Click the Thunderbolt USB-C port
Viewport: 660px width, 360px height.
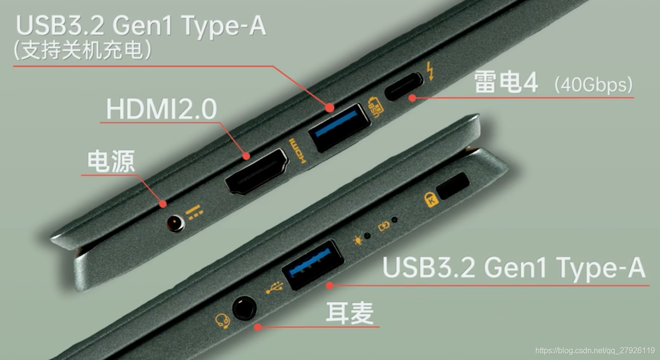[x=404, y=86]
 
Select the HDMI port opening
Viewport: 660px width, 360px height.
[x=256, y=171]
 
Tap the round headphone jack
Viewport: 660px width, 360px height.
[x=244, y=308]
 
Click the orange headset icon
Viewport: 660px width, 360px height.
[x=222, y=321]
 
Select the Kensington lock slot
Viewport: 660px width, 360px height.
[x=453, y=186]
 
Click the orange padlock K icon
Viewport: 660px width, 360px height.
[x=431, y=199]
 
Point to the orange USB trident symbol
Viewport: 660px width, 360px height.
[x=274, y=287]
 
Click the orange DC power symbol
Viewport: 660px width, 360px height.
[x=194, y=212]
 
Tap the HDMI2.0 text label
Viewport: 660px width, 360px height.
[x=161, y=109]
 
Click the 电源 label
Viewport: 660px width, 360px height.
[x=111, y=162]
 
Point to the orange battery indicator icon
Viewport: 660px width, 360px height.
[x=383, y=226]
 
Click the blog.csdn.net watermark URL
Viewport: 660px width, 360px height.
[x=595, y=350]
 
